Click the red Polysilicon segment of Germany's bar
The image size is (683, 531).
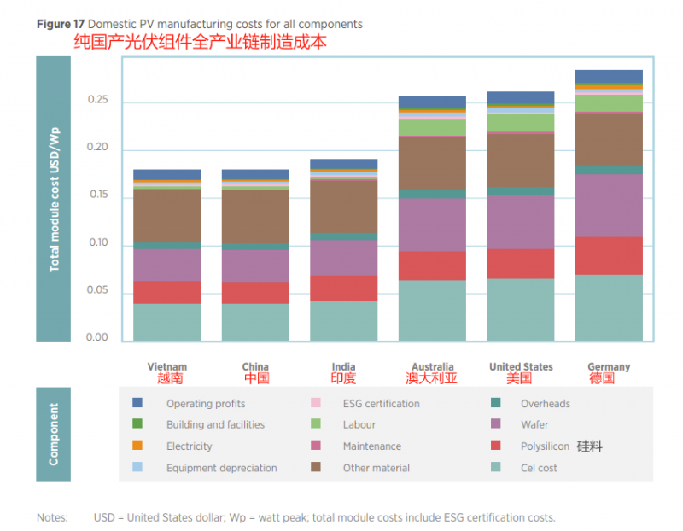(609, 255)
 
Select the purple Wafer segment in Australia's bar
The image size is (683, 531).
(432, 225)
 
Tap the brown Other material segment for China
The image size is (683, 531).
(255, 217)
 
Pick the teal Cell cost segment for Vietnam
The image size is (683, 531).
(166, 323)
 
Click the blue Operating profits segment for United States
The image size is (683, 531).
(521, 97)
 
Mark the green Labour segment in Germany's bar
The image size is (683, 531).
(609, 102)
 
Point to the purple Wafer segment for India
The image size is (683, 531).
(343, 258)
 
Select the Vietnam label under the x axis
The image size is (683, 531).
(166, 367)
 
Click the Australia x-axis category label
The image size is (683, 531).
(432, 367)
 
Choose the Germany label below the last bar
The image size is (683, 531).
(609, 367)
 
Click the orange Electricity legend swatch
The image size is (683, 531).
(137, 446)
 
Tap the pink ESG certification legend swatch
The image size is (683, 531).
(315, 403)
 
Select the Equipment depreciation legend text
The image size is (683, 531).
(221, 468)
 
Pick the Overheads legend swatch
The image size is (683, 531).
(494, 403)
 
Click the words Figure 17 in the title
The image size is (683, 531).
(60, 24)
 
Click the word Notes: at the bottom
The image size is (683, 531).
(52, 517)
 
